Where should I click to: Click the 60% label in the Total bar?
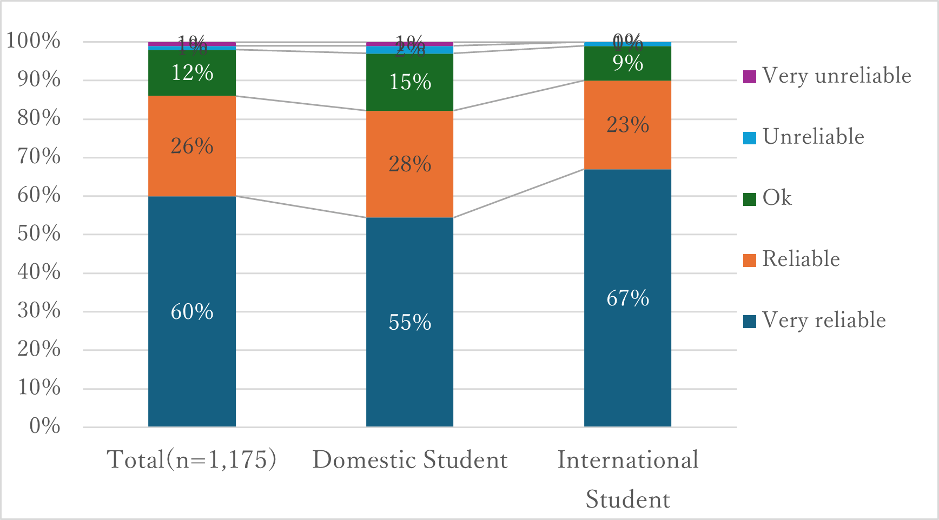click(x=192, y=312)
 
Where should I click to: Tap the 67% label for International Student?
click(x=627, y=298)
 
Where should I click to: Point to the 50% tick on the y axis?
click(x=39, y=234)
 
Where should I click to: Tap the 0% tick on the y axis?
click(x=45, y=426)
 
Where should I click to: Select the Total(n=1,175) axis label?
click(x=192, y=460)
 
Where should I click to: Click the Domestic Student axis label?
click(x=410, y=460)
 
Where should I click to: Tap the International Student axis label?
click(x=627, y=479)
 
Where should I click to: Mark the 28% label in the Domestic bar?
click(x=409, y=164)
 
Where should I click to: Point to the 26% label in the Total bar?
click(x=192, y=146)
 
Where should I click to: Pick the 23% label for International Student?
click(x=627, y=125)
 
